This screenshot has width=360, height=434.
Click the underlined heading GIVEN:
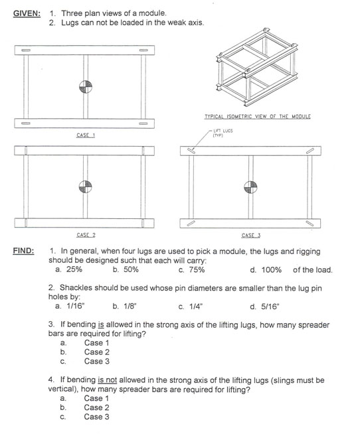27,13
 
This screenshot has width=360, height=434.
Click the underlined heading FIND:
23,251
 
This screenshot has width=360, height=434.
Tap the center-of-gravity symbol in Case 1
86,87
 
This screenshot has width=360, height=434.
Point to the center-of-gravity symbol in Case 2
86,186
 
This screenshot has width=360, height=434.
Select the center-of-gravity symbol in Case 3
250,187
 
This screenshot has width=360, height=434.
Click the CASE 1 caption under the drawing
86,135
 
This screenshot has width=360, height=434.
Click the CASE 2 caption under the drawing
86,235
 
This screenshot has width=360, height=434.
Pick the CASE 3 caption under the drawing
251,236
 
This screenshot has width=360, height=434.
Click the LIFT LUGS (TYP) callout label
223,133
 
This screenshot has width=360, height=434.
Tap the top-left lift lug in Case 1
26,50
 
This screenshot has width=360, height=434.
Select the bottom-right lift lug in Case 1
143,123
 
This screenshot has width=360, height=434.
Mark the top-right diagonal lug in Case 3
310,151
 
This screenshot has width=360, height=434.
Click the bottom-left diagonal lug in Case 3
191,224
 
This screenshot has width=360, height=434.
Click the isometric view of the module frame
256,67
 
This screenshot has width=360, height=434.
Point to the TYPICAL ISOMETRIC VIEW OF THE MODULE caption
258,117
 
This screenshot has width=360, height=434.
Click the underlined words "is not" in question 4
107,380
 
